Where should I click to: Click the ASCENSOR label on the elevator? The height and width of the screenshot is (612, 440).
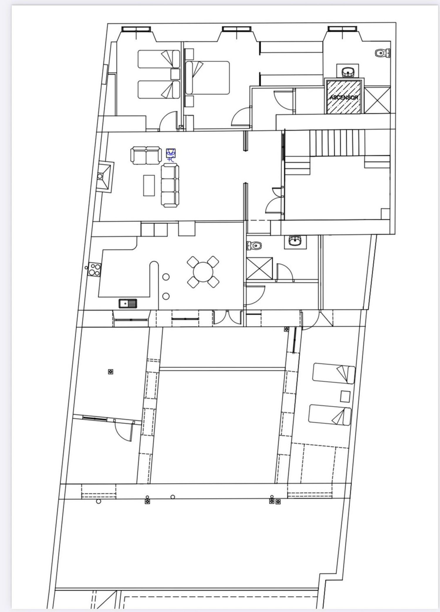coord(344,97)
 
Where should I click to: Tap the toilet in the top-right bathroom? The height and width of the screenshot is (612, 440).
coord(383,53)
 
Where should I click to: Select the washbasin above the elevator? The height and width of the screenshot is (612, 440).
coord(348,71)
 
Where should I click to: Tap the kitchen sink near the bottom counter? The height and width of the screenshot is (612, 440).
coord(128,303)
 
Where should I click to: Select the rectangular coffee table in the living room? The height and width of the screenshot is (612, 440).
coord(149,185)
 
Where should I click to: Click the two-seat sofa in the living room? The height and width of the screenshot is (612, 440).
coord(146,156)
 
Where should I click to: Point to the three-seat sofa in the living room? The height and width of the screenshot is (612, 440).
coord(170,186)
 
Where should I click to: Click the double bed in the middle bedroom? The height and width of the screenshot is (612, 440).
coord(208,78)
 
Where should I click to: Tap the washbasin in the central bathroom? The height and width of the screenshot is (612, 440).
coord(295,241)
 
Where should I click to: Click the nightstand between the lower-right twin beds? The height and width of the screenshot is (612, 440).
coord(345,397)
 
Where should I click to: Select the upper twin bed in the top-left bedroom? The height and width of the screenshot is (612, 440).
coord(159,59)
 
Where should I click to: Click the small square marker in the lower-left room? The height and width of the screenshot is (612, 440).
coord(111,372)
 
